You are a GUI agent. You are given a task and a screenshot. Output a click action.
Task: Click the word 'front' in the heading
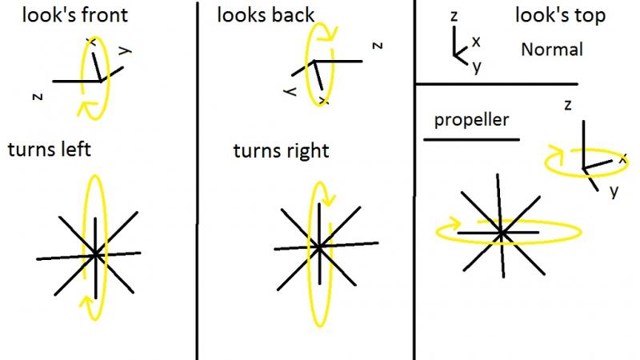[102, 14]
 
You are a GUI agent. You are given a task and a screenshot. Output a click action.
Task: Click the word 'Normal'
[552, 50]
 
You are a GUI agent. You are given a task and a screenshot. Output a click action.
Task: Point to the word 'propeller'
[471, 121]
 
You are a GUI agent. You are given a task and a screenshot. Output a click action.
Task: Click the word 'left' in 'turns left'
[75, 149]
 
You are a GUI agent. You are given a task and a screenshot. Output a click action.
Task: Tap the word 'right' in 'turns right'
[307, 151]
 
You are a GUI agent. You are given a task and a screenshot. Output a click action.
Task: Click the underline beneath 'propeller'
[471, 139]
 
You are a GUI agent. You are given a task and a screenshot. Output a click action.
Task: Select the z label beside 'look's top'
[454, 16]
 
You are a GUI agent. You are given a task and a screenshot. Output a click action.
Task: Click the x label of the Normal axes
[476, 42]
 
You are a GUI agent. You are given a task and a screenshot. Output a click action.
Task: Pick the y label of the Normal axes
[477, 66]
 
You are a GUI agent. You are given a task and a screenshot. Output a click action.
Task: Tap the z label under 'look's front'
[38, 97]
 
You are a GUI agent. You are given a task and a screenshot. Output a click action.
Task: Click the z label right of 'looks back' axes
[378, 46]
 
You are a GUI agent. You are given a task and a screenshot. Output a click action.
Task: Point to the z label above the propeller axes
[568, 106]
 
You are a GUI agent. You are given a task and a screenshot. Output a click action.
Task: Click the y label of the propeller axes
[614, 191]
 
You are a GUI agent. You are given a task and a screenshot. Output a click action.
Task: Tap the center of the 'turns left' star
[95, 254]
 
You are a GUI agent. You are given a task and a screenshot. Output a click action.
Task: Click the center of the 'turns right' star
[319, 246]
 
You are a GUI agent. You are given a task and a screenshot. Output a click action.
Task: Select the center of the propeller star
[502, 233]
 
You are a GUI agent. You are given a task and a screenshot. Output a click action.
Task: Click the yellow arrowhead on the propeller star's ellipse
[454, 224]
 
